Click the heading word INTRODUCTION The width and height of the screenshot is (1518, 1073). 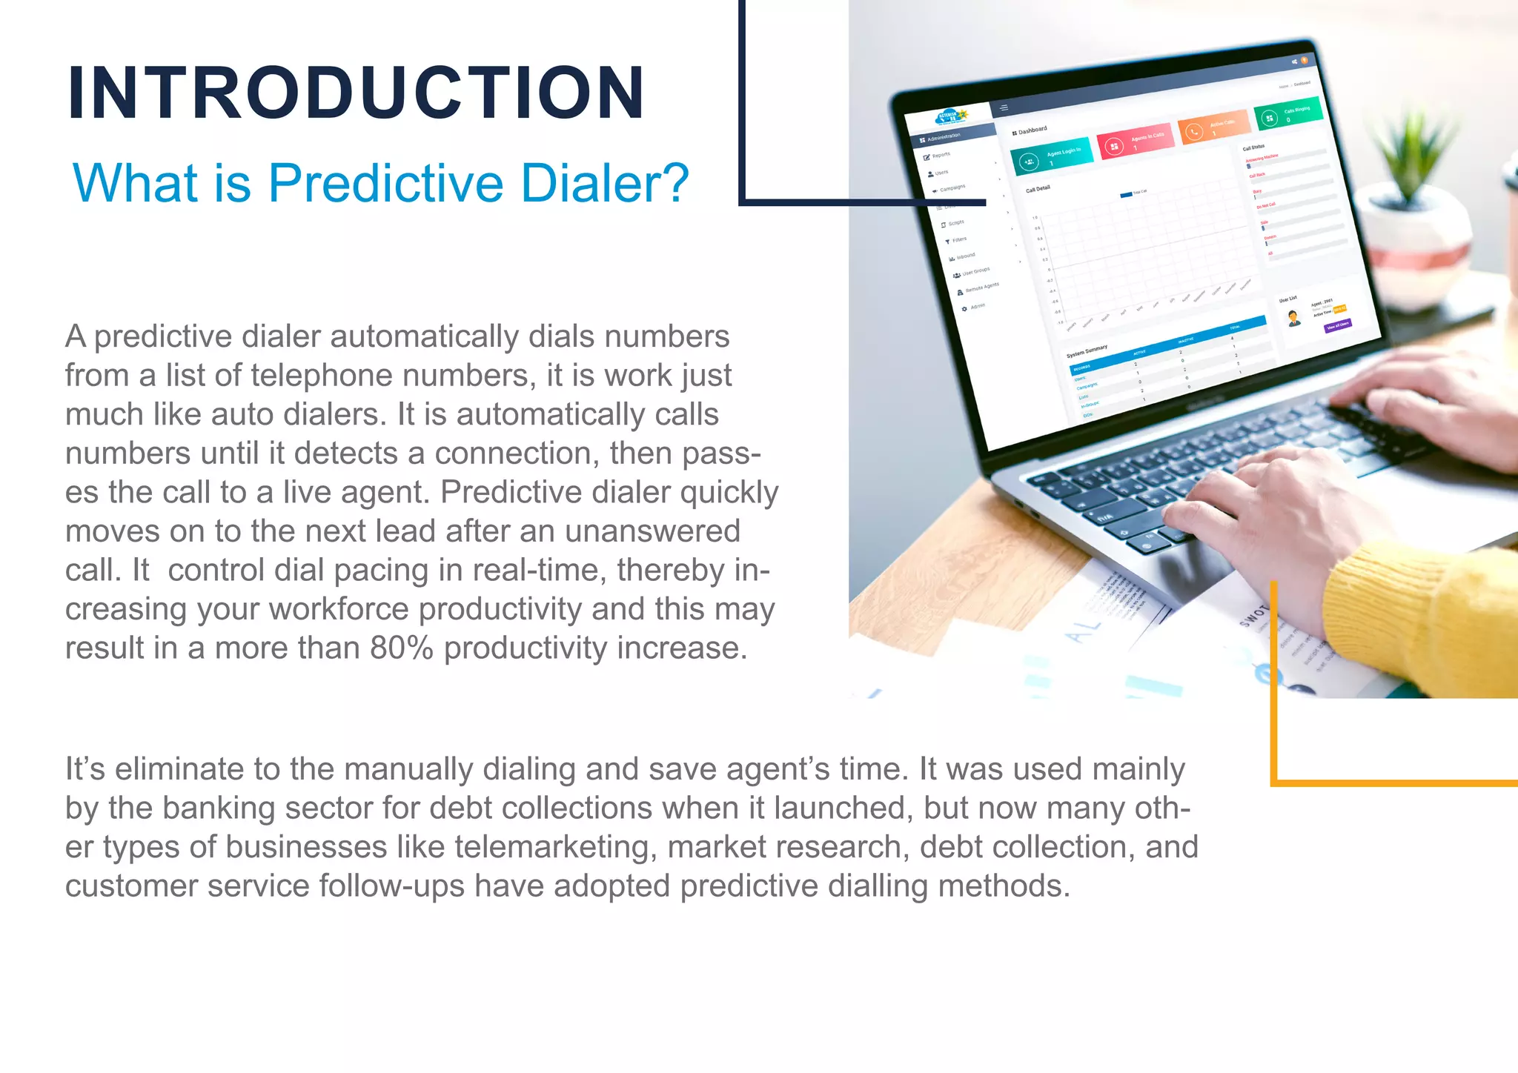pos(356,93)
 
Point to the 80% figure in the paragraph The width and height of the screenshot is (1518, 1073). pos(401,648)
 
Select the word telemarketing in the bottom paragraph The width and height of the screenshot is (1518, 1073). pos(555,847)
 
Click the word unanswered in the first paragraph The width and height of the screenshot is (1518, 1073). pos(652,531)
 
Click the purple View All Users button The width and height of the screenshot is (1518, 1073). pos(1338,325)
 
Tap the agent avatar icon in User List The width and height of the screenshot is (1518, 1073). pos(1294,318)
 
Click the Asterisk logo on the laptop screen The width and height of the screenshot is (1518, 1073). pos(950,118)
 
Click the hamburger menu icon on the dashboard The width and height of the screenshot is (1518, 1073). pos(1004,108)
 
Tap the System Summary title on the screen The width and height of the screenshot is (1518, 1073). pos(1087,351)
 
